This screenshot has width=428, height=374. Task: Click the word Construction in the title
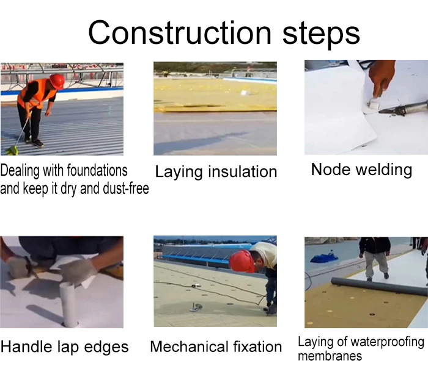pyautogui.click(x=180, y=32)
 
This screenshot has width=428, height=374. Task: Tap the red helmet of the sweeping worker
pyautogui.click(x=57, y=81)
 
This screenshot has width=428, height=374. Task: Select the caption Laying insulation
pyautogui.click(x=216, y=172)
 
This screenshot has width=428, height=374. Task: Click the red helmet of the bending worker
pyautogui.click(x=241, y=261)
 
